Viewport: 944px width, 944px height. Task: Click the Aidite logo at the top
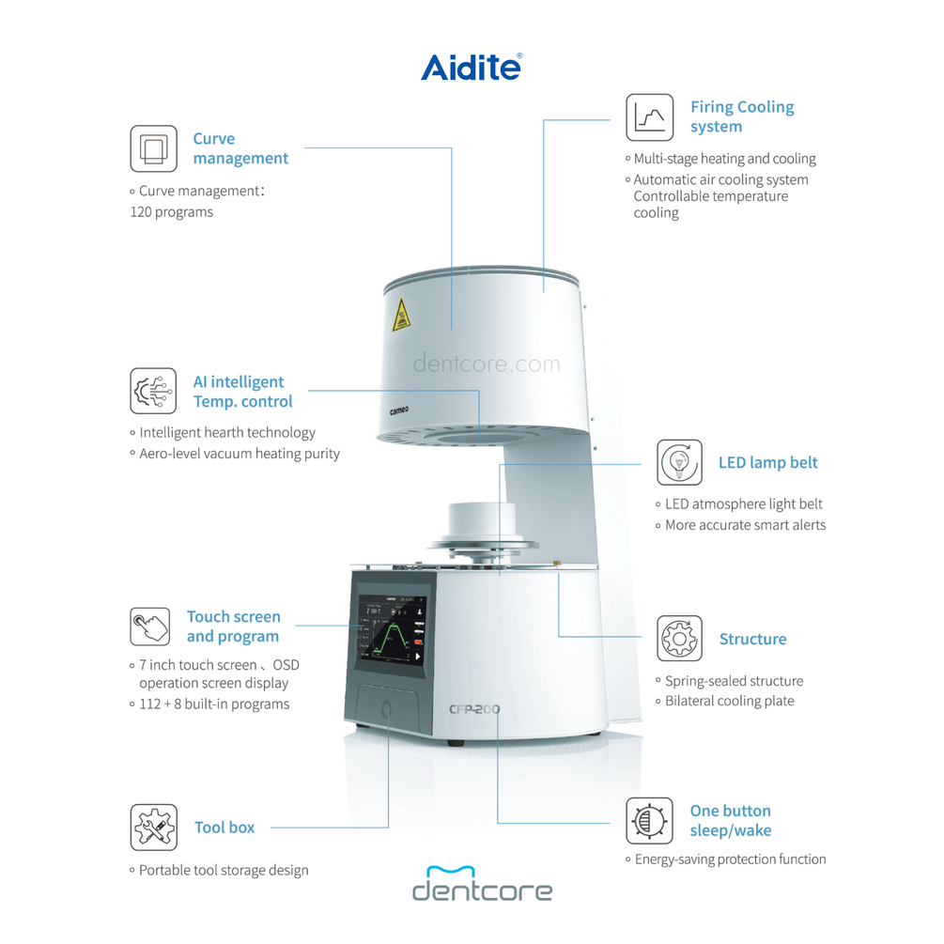(x=471, y=67)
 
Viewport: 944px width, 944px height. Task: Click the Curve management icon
(x=153, y=148)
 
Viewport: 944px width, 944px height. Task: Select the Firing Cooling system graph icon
(x=650, y=117)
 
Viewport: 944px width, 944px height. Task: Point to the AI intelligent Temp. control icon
(x=153, y=391)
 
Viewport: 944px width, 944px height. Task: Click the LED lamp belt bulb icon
(x=679, y=462)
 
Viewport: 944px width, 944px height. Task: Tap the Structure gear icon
(x=679, y=639)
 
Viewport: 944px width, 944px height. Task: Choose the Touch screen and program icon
(x=150, y=627)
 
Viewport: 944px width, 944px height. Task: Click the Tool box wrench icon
(x=153, y=828)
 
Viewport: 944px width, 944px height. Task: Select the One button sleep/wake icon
(x=650, y=821)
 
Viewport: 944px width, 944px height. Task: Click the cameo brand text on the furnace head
(x=404, y=410)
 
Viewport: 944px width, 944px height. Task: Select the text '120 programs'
(x=171, y=212)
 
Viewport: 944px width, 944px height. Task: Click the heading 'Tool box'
(x=224, y=828)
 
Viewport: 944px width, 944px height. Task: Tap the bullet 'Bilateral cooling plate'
(x=729, y=701)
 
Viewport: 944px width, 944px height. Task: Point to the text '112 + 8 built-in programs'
(x=213, y=704)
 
